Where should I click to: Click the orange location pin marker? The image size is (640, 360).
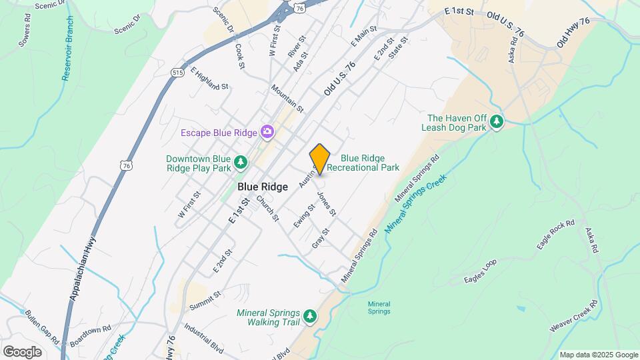[x=320, y=159]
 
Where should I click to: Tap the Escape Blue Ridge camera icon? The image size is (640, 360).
[x=267, y=132]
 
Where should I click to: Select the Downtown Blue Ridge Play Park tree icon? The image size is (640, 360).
[x=241, y=162]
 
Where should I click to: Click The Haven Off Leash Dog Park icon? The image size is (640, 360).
[x=496, y=122]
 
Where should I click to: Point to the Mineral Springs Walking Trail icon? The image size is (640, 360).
[x=309, y=317]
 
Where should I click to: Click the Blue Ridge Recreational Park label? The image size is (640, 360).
[x=370, y=163]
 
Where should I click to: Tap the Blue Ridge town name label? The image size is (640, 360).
[x=263, y=187]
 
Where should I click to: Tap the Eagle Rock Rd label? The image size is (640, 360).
[x=555, y=235]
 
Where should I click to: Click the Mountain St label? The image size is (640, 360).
[x=287, y=98]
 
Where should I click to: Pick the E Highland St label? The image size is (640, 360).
[x=209, y=78]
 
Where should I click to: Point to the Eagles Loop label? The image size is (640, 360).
[x=481, y=272]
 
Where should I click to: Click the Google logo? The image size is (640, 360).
[x=22, y=351]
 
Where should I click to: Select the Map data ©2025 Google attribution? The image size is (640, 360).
[x=598, y=355]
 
